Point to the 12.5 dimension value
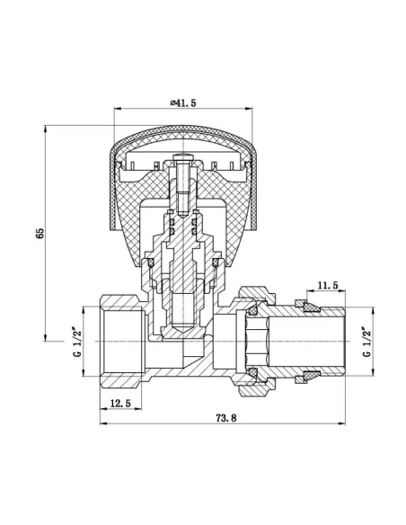tap(120, 404)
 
